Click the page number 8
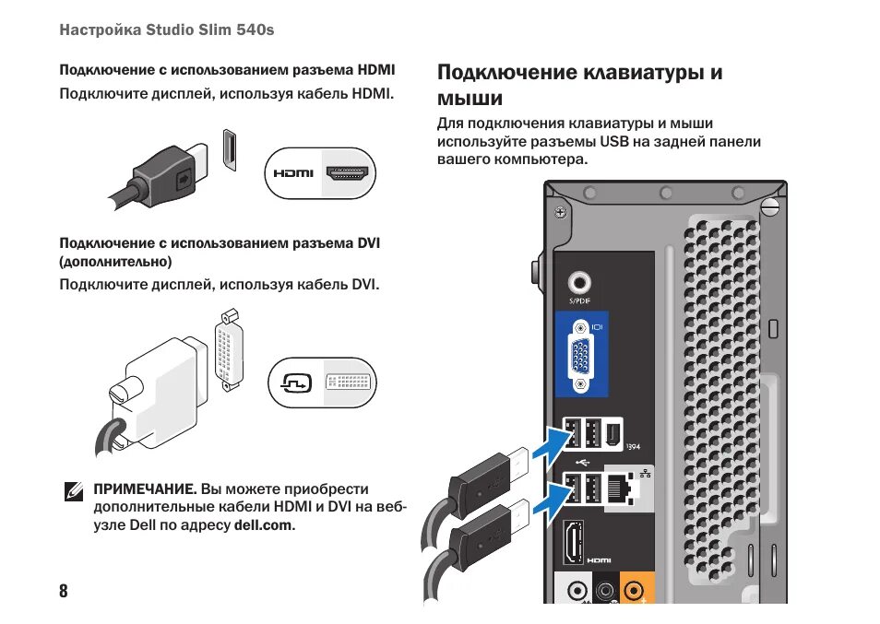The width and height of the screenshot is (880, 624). click(x=64, y=591)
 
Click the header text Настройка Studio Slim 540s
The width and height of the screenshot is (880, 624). click(x=167, y=30)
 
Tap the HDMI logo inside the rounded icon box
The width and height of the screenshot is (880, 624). click(x=293, y=172)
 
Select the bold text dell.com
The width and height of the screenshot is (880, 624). click(x=264, y=525)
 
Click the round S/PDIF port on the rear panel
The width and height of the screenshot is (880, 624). click(x=580, y=281)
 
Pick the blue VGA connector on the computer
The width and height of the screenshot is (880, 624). click(x=580, y=355)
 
